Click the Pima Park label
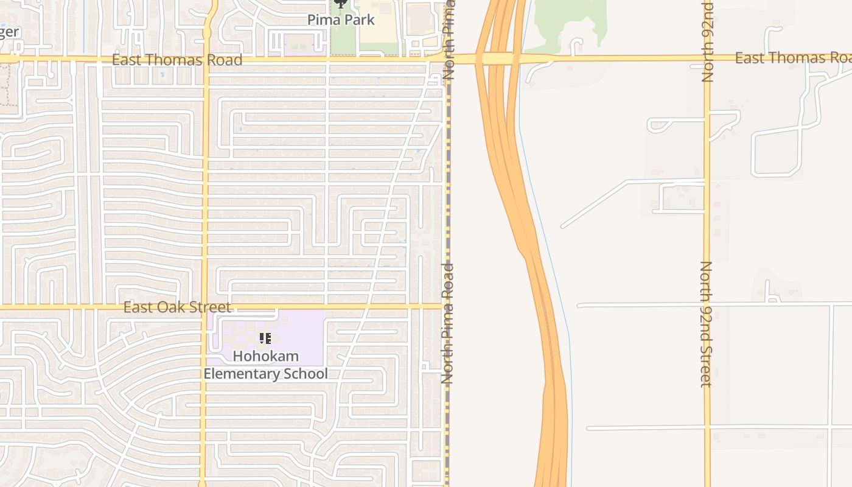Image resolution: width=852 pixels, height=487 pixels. (341, 19)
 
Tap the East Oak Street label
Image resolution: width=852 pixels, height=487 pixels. (177, 307)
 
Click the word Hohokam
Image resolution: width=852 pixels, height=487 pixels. (266, 356)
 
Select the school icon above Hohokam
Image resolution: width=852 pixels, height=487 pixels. (265, 338)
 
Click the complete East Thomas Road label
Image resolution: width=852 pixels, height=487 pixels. (177, 60)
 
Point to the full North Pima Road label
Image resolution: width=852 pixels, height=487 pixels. (448, 323)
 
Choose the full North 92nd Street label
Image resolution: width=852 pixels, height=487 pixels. (706, 324)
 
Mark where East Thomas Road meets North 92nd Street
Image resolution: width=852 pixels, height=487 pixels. (707, 58)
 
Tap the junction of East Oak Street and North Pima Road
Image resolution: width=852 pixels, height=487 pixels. (448, 306)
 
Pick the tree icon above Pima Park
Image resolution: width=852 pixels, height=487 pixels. (341, 4)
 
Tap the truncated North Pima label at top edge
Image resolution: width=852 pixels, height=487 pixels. (449, 40)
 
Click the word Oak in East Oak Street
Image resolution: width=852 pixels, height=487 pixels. (178, 307)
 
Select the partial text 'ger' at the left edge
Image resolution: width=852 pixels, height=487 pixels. (9, 33)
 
